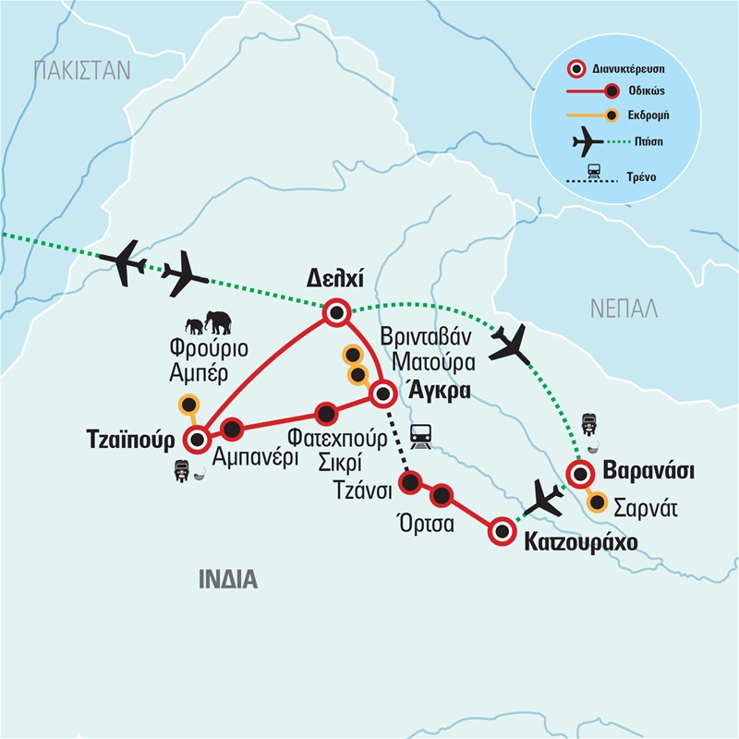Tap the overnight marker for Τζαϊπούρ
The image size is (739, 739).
197,438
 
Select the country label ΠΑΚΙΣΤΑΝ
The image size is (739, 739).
82,70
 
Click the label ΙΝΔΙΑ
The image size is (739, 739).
227,579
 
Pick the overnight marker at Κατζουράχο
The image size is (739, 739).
502,530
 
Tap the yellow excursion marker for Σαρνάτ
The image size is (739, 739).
598,504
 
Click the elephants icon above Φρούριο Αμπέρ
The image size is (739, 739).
208,323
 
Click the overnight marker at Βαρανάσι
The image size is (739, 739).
579,476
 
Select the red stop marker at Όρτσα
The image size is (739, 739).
442,496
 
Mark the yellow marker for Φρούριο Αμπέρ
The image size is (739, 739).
189,404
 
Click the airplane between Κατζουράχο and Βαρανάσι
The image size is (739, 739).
544,500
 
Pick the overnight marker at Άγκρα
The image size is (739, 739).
382,394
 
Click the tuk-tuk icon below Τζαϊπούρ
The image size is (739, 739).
182,468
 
